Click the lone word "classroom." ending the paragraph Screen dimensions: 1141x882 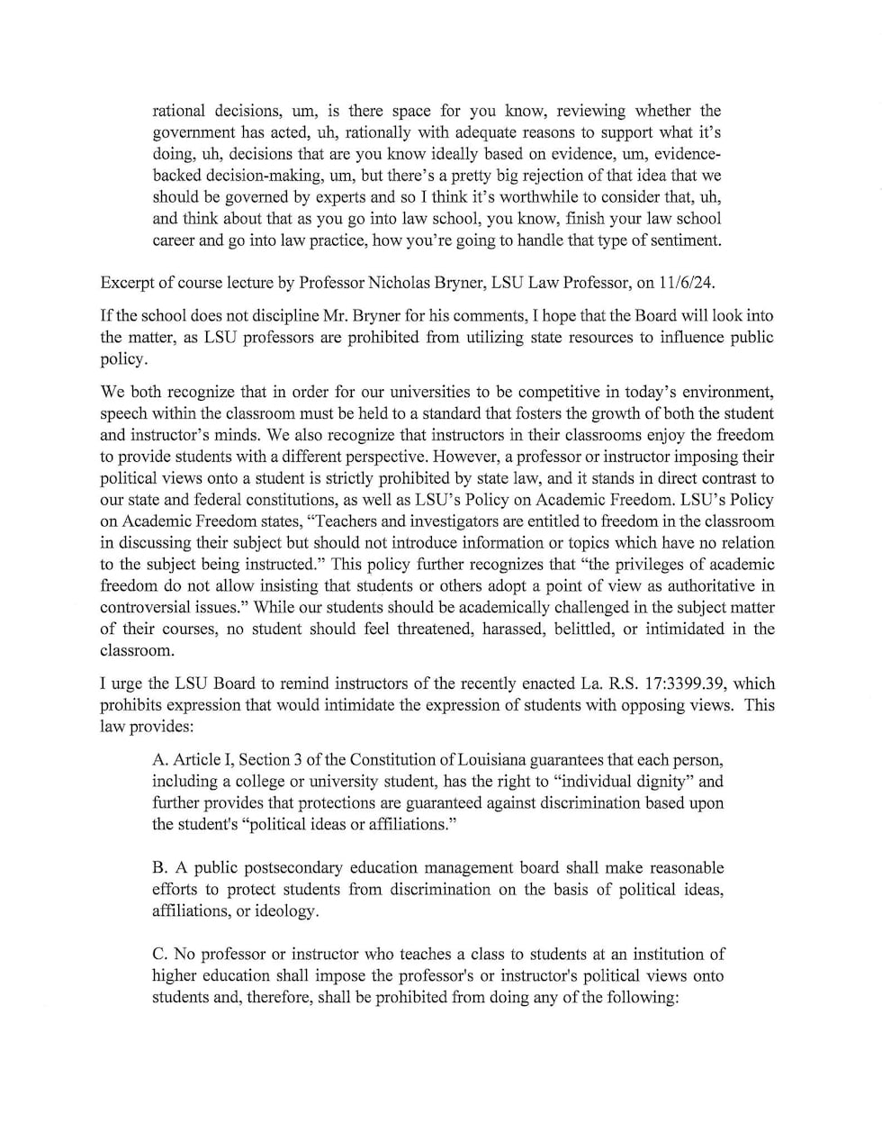click(x=136, y=650)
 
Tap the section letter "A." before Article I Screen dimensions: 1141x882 click(x=160, y=760)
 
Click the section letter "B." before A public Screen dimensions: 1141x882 click(x=160, y=868)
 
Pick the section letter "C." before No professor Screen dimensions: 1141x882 click(x=160, y=955)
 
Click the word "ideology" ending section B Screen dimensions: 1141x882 click(x=284, y=911)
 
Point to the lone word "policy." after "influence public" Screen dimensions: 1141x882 click(x=122, y=359)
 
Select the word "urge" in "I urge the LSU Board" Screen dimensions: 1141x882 click(x=125, y=684)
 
